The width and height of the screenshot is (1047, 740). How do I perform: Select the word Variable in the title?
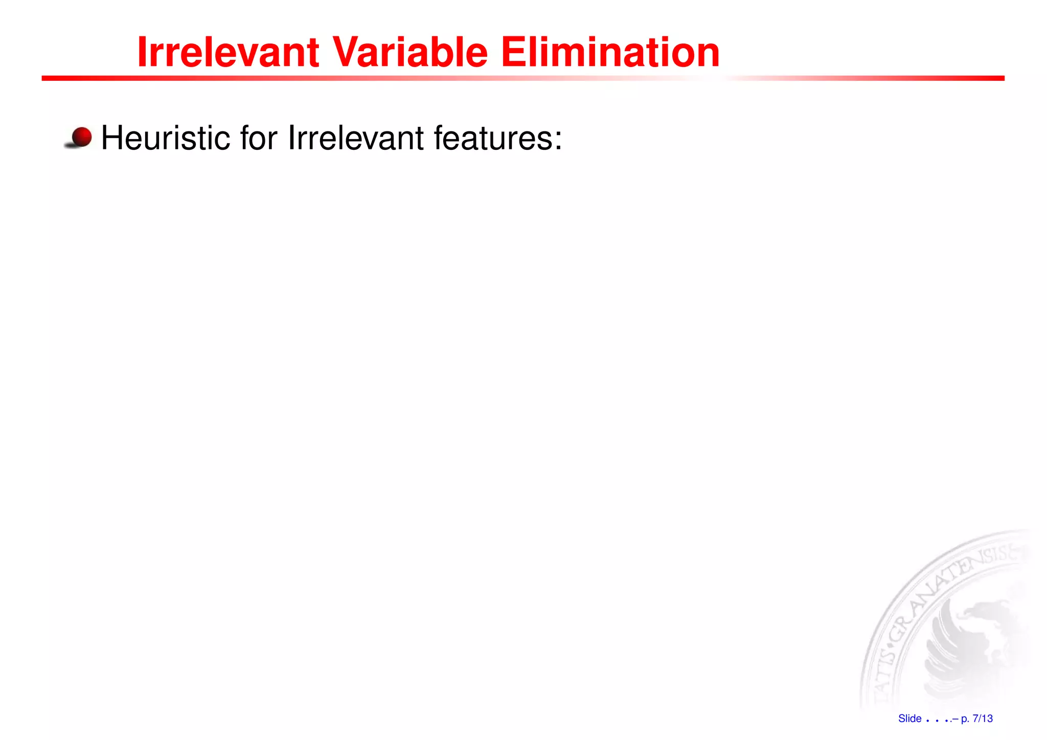[411, 52]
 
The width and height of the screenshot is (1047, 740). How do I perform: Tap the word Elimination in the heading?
[610, 52]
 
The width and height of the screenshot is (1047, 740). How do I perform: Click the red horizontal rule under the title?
[522, 78]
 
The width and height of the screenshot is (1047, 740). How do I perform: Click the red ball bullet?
[81, 137]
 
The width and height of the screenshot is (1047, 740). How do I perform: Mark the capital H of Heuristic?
[113, 138]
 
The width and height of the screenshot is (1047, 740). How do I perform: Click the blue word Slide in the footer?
[909, 719]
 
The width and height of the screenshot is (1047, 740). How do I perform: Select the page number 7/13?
[983, 719]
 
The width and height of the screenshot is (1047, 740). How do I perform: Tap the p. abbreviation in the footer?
[965, 719]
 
